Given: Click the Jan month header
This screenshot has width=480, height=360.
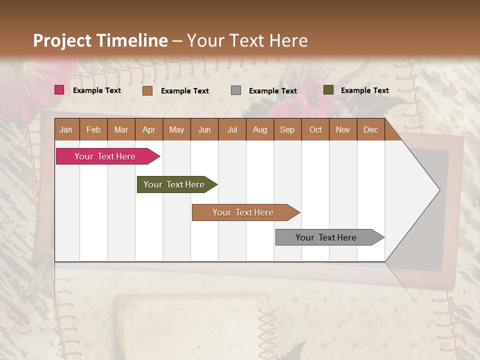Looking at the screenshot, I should pos(66,130).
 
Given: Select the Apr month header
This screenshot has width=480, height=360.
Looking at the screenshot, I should pos(148,130).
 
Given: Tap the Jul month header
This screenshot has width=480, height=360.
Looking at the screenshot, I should pos(232,130).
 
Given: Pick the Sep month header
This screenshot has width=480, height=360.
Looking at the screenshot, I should pos(287,130).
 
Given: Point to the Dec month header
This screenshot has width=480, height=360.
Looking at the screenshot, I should pos(370,130).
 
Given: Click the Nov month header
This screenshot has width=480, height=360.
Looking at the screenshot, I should pos(342,130).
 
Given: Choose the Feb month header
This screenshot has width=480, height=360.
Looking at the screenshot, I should pos(93,130).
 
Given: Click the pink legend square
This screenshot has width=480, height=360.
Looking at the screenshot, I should pos(59,90).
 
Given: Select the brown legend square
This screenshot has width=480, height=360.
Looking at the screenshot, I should pos(147,90).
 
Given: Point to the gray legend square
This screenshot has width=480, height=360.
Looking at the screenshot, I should pos(236,90).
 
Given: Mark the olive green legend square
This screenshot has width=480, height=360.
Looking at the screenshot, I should pos(328,90).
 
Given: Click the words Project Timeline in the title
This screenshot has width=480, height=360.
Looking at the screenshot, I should pos(100,40).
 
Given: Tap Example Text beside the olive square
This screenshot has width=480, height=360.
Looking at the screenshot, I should pos(364,90).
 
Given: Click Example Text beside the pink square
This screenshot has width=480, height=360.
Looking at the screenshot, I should pos(96,90).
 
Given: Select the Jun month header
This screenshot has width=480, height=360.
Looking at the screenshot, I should pos(204,130).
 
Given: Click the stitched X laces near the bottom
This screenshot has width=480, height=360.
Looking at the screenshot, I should pos(266,325).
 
